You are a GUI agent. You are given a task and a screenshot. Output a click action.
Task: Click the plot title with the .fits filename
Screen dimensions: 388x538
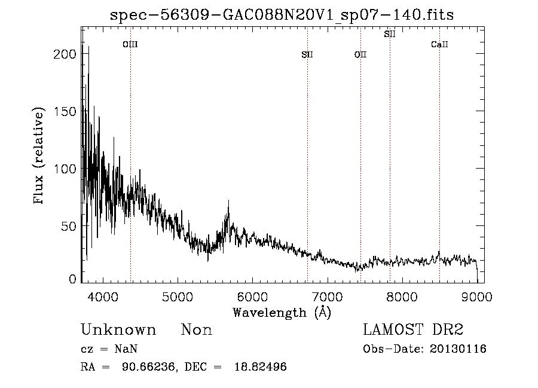click(282, 15)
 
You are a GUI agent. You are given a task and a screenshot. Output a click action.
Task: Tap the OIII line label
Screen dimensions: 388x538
click(130, 44)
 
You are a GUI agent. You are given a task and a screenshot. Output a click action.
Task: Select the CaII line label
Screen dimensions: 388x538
click(439, 44)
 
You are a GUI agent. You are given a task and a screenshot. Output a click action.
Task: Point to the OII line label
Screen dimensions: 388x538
click(360, 55)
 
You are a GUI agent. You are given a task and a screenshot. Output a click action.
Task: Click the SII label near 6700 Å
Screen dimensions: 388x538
click(307, 55)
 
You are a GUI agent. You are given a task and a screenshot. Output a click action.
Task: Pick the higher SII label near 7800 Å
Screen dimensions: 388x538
click(390, 34)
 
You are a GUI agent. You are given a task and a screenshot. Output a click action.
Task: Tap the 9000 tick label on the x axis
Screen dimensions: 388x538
click(476, 297)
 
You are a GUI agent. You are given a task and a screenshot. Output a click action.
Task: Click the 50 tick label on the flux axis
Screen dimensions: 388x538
click(71, 226)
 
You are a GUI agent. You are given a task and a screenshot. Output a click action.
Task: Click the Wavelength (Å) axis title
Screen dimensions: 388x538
click(282, 312)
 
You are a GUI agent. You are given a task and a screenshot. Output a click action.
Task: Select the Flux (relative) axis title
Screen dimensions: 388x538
click(40, 157)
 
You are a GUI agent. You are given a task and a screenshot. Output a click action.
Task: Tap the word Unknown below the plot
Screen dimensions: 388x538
click(118, 330)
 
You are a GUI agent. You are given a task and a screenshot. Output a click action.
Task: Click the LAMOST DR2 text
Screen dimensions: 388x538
click(412, 330)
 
